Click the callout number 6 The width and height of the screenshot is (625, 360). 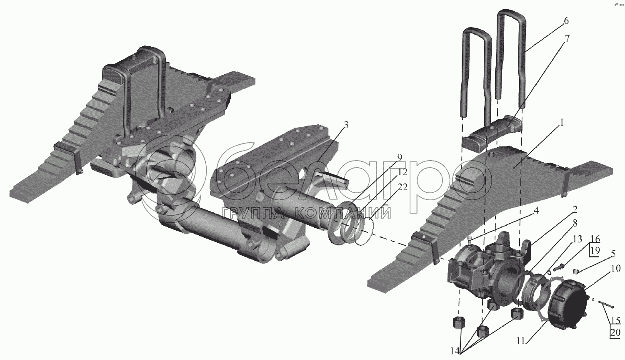[564, 21]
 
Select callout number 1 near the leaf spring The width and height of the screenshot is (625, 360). [561, 122]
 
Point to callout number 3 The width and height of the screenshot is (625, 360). [346, 125]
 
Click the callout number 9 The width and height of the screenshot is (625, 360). [400, 157]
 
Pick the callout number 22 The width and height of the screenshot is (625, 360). [402, 187]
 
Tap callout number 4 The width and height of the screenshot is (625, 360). [535, 211]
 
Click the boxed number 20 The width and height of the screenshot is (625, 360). [615, 332]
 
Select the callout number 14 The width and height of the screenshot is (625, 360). [455, 351]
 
